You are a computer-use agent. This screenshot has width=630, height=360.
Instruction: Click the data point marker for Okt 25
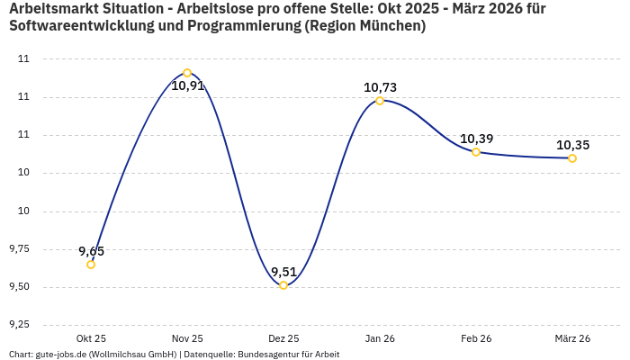(x=91, y=265)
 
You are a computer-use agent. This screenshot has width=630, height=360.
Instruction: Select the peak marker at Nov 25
(x=187, y=73)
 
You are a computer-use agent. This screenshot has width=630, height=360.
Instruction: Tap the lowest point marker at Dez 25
(x=283, y=285)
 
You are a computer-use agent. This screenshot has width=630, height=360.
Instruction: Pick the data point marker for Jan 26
(x=380, y=101)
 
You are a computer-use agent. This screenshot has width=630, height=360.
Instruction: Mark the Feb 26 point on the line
(x=476, y=152)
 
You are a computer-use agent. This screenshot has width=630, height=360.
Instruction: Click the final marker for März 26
(x=572, y=158)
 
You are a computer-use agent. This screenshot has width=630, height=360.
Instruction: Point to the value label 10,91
(x=188, y=86)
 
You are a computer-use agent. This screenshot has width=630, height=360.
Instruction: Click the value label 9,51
(x=283, y=272)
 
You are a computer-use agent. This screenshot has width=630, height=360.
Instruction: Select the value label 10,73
(x=380, y=87)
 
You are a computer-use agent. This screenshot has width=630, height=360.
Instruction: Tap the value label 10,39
(x=476, y=139)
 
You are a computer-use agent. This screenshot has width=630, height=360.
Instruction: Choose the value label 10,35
(x=572, y=145)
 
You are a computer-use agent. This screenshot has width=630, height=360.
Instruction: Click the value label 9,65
(x=91, y=251)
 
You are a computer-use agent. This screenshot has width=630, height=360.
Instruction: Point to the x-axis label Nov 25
(x=187, y=338)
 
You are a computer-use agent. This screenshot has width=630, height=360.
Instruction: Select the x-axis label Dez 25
(x=283, y=338)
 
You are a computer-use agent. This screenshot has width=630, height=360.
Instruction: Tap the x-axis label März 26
(x=572, y=338)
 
